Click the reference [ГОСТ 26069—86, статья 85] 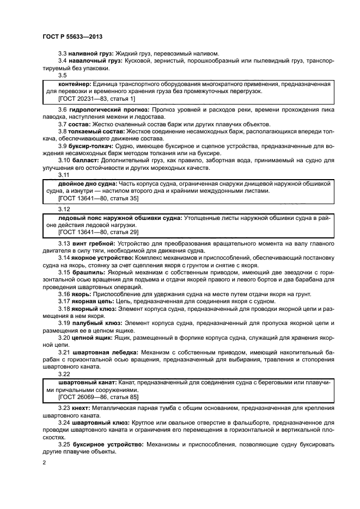pyautogui.click(x=91, y=397)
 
